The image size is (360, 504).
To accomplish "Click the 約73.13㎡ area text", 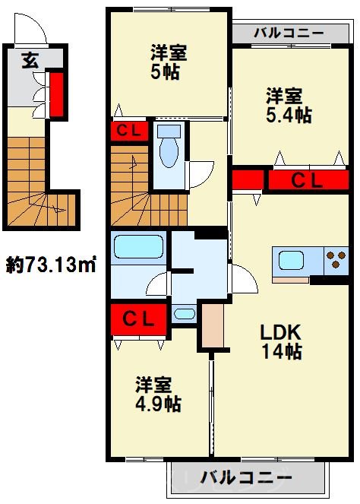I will [x=50, y=266].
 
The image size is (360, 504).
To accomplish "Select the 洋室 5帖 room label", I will [x=168, y=63].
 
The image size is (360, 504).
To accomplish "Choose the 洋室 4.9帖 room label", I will [x=158, y=393].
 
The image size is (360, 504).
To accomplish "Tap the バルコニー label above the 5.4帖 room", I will [x=288, y=33].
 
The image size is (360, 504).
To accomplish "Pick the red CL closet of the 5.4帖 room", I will [x=308, y=180].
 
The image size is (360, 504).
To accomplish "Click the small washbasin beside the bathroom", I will [x=183, y=313].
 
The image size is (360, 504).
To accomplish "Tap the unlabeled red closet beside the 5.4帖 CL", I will [x=247, y=180].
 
